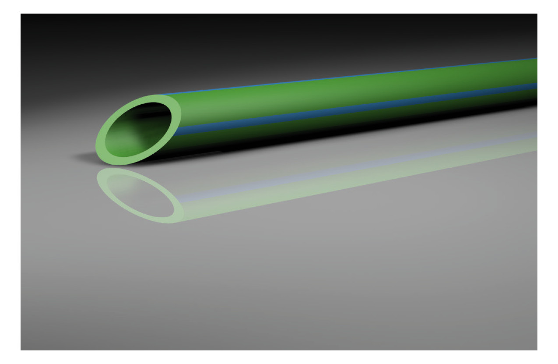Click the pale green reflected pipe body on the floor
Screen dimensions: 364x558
pyautogui.click(x=350, y=180)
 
